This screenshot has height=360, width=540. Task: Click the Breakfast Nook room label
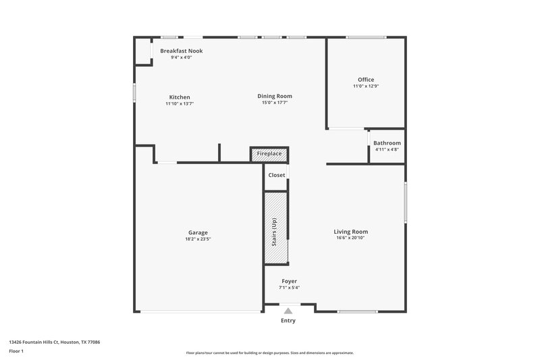pos(182,51)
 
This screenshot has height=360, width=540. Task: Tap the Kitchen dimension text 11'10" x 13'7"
pos(180,104)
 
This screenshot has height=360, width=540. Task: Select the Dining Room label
pos(275,96)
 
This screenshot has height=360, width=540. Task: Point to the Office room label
pos(366,80)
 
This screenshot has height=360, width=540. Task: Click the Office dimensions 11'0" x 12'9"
pos(366,86)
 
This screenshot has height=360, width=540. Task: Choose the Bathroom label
pos(387,143)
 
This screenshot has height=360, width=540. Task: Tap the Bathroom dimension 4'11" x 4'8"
pos(387,149)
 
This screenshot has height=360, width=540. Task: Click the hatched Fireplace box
pos(269,154)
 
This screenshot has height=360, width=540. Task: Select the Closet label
pos(277,175)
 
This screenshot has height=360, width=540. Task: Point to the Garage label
pos(198,232)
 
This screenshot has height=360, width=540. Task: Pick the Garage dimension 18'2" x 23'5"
pos(198,239)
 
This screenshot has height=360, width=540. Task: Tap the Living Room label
pos(351,232)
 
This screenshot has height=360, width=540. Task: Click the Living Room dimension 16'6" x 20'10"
pos(351,238)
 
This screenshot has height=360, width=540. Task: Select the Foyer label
pos(289,281)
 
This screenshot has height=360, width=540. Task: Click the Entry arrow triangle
pos(289,311)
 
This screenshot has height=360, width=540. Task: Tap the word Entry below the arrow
pos(288,321)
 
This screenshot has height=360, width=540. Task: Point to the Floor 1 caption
pos(17,351)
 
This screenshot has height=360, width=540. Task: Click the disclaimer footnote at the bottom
pos(270,353)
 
